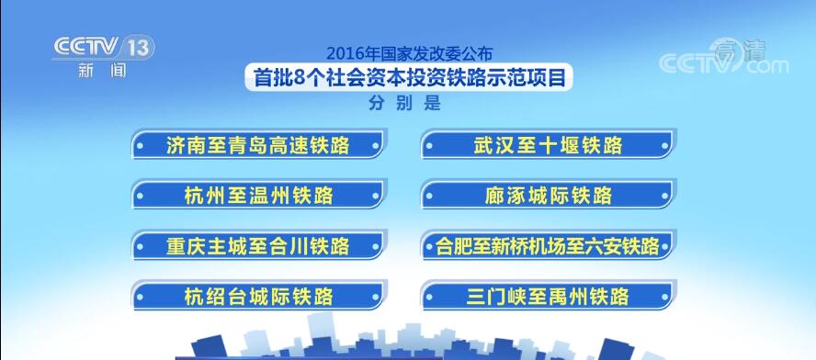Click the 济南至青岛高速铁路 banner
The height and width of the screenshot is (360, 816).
coord(258,145)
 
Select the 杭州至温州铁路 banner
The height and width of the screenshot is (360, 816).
coord(258,195)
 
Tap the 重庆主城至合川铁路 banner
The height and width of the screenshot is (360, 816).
coord(258,245)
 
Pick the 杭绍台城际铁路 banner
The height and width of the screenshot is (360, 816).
coord(258,296)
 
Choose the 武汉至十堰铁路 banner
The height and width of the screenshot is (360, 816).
coord(549,145)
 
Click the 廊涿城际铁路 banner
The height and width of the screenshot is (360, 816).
coord(549,195)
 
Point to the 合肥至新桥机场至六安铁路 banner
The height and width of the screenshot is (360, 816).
coord(549,245)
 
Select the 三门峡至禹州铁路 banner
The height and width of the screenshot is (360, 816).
coord(549,296)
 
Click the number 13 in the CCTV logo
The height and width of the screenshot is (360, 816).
coord(139,48)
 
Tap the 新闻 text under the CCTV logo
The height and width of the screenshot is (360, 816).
coord(102,70)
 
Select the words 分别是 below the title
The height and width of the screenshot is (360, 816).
coord(404,103)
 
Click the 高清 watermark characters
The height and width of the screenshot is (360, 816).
coord(740,50)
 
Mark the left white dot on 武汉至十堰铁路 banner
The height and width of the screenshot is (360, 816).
coord(429,146)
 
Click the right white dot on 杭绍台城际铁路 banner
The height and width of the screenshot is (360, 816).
coord(376,297)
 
